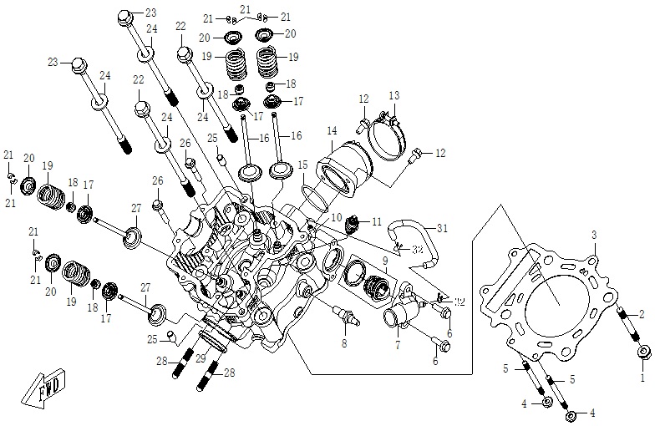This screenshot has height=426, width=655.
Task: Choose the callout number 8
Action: tap(343, 342)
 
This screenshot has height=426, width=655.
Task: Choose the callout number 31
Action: tap(443, 228)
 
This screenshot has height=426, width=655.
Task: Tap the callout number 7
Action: tap(397, 345)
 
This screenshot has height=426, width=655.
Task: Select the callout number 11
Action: tap(376, 221)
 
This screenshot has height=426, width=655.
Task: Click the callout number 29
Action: tap(200, 357)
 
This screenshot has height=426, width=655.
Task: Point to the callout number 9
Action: tap(385, 261)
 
